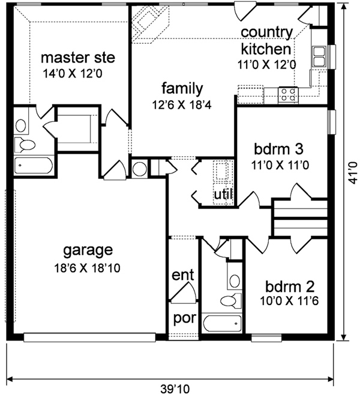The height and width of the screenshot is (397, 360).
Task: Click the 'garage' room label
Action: click(x=88, y=250)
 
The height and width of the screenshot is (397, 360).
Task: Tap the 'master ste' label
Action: click(x=78, y=58)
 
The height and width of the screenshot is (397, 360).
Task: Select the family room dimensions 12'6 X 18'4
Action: click(x=182, y=105)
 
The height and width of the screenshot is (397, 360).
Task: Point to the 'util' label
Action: click(x=223, y=194)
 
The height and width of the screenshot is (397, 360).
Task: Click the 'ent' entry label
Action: click(x=183, y=274)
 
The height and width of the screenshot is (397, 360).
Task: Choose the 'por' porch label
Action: click(x=185, y=318)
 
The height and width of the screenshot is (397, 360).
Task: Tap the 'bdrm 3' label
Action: click(x=278, y=149)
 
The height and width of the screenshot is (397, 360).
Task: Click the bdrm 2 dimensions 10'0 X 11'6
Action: click(x=289, y=301)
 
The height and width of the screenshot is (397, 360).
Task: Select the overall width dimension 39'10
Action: click(x=175, y=389)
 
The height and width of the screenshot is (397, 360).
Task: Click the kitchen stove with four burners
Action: click(x=288, y=95)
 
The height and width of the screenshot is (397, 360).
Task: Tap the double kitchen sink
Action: click(x=319, y=56)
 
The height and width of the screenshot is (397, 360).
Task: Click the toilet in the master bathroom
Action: click(x=25, y=145)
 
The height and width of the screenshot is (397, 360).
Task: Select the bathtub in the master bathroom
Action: click(x=34, y=166)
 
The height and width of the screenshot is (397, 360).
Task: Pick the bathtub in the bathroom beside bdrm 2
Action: click(x=222, y=323)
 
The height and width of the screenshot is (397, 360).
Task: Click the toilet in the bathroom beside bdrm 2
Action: click(x=231, y=301)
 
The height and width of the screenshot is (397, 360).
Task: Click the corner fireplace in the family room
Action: click(x=150, y=23)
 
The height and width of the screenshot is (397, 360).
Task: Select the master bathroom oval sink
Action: click(x=21, y=126)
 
